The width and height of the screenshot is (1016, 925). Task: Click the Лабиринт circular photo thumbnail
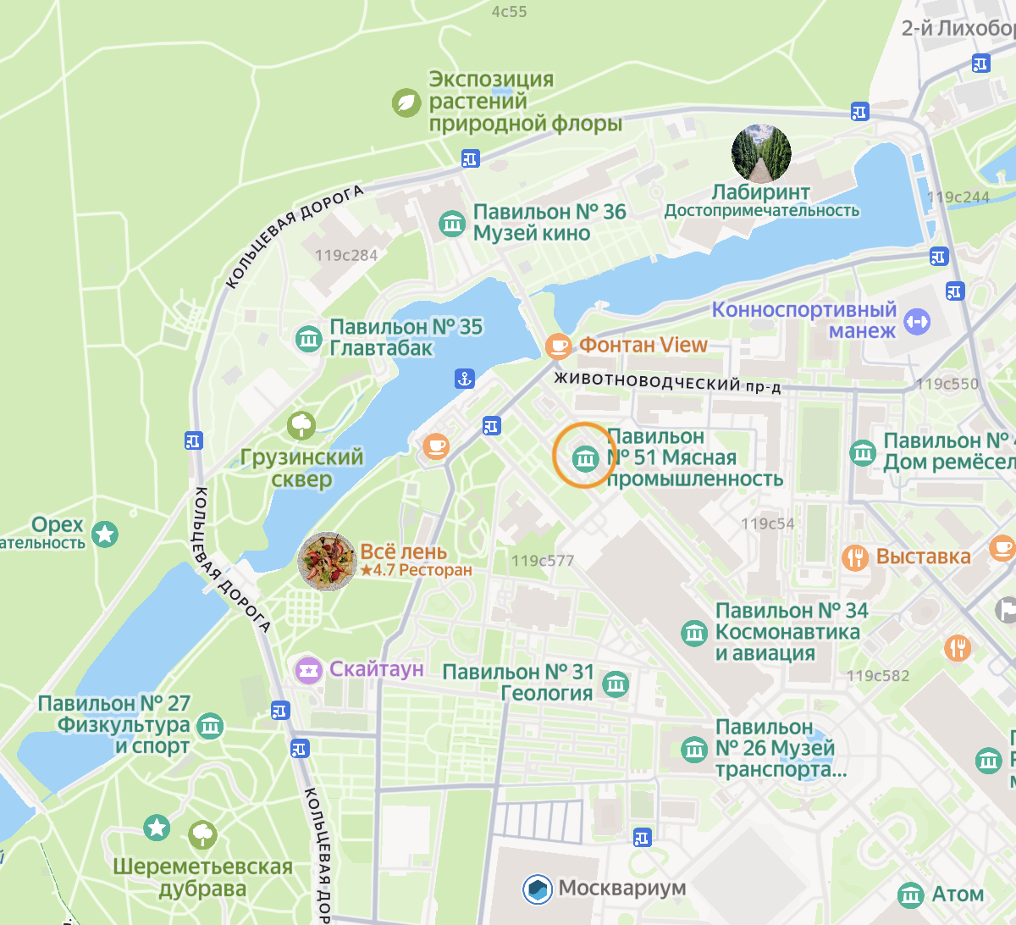coord(761,153)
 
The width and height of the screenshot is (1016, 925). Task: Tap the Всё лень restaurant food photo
coord(327,561)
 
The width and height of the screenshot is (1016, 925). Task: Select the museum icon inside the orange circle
coord(585,458)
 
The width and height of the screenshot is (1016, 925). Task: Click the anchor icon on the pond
coord(465,379)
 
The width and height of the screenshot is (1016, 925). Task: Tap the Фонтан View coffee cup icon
coord(558,345)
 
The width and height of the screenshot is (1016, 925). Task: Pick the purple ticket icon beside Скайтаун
coord(309,670)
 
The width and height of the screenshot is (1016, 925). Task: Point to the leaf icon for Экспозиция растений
coord(406,102)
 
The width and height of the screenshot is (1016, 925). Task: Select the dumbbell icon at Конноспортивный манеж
coord(917,321)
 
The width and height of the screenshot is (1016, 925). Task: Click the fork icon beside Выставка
coord(855,557)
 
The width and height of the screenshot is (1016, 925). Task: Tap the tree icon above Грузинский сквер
coord(301,424)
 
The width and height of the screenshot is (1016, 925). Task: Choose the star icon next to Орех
coord(105,534)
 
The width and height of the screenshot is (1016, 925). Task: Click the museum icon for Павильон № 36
coord(452,223)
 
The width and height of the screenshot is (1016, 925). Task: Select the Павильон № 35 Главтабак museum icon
coord(308,338)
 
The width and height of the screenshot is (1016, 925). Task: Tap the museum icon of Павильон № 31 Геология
coord(616,683)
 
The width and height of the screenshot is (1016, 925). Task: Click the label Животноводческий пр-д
coord(667,383)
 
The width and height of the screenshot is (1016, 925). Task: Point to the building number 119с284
coord(345,255)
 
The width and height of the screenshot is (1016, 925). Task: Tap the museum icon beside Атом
coord(910,895)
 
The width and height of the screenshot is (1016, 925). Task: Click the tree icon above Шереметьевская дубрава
coord(202,835)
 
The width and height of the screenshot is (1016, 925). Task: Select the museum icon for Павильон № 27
coord(210,725)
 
